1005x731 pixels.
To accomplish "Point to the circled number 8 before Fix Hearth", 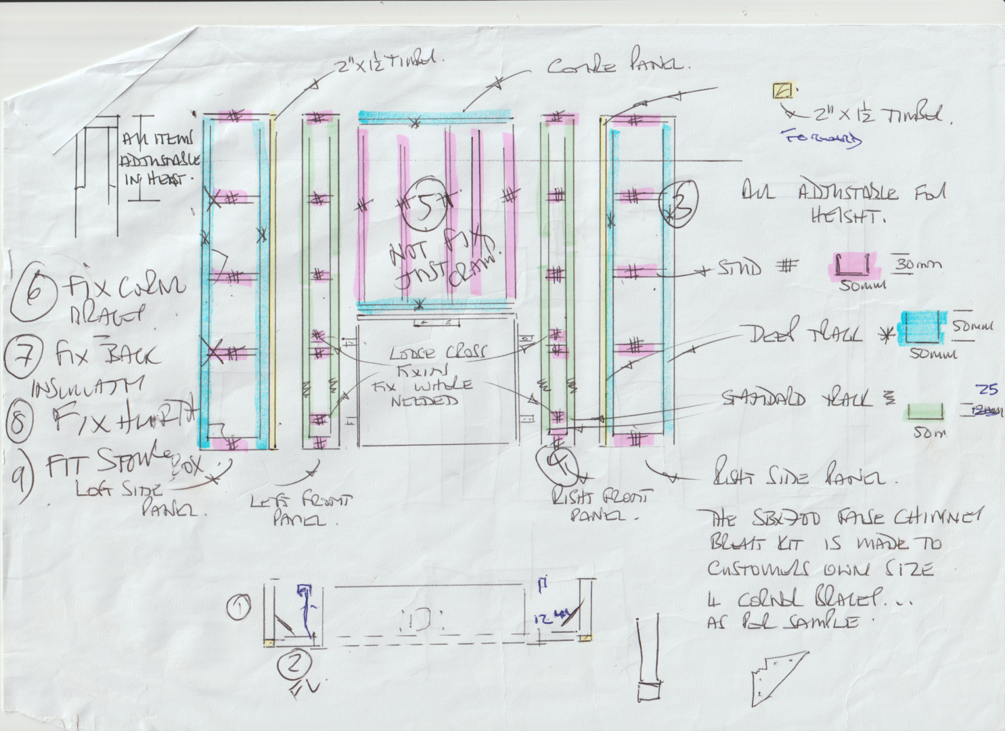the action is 20,421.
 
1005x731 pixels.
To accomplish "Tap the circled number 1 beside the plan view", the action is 238,607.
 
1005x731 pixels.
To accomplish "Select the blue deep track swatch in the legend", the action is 922,328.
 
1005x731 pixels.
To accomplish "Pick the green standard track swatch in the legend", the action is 924,411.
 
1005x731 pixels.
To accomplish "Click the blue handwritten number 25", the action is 987,389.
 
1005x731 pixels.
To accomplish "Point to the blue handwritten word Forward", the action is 822,137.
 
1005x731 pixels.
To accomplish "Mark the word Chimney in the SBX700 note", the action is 937,518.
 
